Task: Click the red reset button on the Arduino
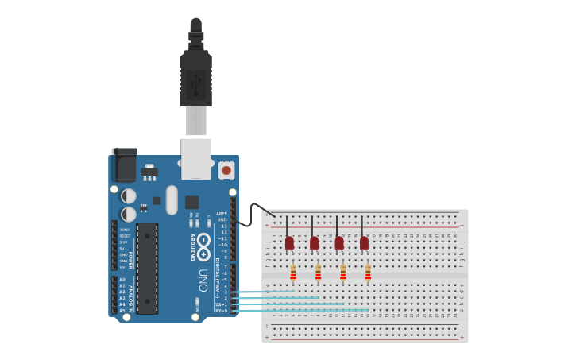coord(226,169)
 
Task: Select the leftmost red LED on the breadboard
coord(289,242)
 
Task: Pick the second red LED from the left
coord(315,242)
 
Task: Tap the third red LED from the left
coord(339,242)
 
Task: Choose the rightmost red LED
coord(364,242)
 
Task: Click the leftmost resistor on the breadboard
coord(293,273)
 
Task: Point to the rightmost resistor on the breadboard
coord(368,273)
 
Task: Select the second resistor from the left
coord(318,273)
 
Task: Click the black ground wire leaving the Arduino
coord(254,210)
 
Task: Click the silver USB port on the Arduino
coord(196,158)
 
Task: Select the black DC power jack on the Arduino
coord(124,165)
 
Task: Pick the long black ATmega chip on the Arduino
coord(147,268)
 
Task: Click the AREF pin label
coord(222,213)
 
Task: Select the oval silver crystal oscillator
coord(172,200)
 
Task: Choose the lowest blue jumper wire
coord(302,310)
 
